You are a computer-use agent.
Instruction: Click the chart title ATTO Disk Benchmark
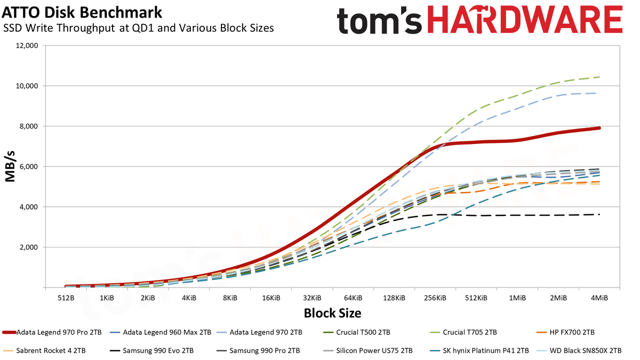pos(82,12)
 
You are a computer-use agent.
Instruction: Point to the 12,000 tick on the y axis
pos(26,46)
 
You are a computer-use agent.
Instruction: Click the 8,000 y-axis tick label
pos(28,126)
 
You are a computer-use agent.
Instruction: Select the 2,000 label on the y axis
pos(28,247)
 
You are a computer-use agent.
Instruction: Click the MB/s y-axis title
pos(10,166)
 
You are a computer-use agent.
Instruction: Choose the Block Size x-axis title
pos(332,313)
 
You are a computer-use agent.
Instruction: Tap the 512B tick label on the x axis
pos(66,298)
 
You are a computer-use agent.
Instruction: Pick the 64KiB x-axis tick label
pos(353,298)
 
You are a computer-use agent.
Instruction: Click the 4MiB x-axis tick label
pos(599,298)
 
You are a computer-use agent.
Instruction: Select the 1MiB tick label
pos(517,298)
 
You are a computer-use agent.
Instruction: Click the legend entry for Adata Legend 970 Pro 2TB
pos(52,332)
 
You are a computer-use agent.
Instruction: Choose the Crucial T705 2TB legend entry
pos(463,332)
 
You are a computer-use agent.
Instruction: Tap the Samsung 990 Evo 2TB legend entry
pos(151,350)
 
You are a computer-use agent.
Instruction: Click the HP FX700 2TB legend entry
pos(565,332)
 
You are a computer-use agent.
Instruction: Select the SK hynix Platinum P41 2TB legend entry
pos(479,350)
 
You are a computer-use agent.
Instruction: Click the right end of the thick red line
pos(599,128)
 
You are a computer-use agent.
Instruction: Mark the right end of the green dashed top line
pos(599,77)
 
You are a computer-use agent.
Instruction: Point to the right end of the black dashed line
pos(599,214)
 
